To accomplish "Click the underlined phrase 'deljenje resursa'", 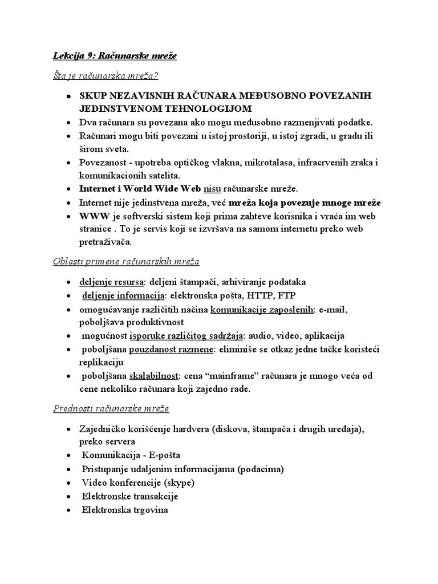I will [112, 282].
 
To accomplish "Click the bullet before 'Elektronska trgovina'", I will [68, 510].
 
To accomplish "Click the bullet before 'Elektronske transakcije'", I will [68, 496].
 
